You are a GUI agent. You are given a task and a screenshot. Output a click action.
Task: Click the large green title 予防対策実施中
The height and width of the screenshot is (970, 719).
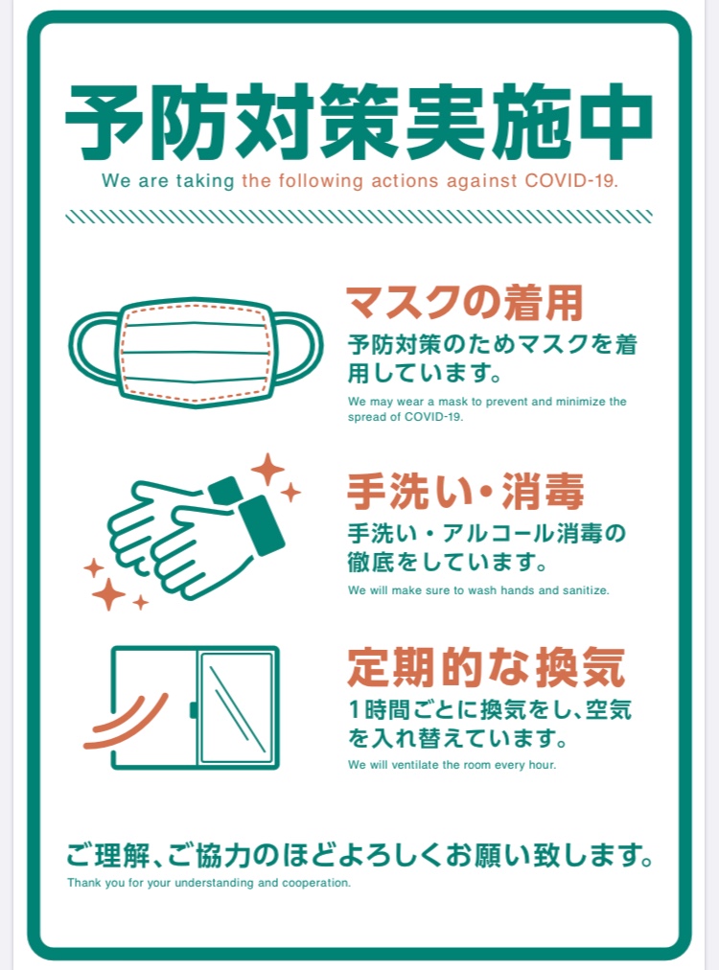coord(359,122)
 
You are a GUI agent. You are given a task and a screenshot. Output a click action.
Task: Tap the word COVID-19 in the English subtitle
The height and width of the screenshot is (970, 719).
coord(570,180)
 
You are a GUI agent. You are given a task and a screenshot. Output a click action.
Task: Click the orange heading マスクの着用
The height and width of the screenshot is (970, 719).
coord(464,303)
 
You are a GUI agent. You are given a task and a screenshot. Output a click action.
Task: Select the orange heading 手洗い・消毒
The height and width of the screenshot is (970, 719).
coord(465,492)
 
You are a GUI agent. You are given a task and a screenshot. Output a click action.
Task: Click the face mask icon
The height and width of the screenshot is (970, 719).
coord(196,353)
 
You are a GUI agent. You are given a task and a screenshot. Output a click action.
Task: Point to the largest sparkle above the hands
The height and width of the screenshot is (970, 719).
coord(267,470)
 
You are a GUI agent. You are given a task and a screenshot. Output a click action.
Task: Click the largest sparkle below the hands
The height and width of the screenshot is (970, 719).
coord(108,594)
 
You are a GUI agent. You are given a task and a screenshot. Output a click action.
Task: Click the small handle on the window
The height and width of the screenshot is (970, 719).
coord(193,710)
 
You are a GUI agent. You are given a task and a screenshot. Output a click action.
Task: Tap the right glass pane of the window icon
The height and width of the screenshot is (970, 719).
coord(237,707)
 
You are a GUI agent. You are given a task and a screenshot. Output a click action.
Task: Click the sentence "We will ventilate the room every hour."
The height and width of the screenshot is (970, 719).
coord(452,765)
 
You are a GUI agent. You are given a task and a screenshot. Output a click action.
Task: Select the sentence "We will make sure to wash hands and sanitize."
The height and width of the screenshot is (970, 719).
coord(478,590)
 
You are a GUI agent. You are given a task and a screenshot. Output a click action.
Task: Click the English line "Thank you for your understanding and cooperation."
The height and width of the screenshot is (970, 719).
coord(209,883)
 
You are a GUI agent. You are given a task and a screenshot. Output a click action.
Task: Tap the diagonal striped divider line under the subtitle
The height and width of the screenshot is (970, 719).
coord(359,217)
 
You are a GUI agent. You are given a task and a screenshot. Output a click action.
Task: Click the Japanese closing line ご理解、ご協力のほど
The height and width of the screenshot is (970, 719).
coord(359,856)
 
